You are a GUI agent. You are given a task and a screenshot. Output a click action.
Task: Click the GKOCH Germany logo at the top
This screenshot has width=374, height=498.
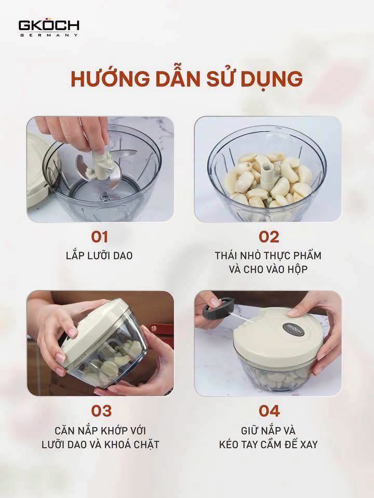point(49,28)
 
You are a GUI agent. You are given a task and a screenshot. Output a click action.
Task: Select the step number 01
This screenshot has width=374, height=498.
point(100,237)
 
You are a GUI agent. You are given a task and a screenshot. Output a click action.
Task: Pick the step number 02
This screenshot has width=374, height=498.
point(269,237)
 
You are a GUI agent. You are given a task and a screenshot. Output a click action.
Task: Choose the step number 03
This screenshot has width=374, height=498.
point(101,411)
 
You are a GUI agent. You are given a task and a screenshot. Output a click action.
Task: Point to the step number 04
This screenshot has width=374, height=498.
point(269,411)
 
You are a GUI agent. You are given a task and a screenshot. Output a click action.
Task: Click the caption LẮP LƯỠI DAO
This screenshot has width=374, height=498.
point(99,256)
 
